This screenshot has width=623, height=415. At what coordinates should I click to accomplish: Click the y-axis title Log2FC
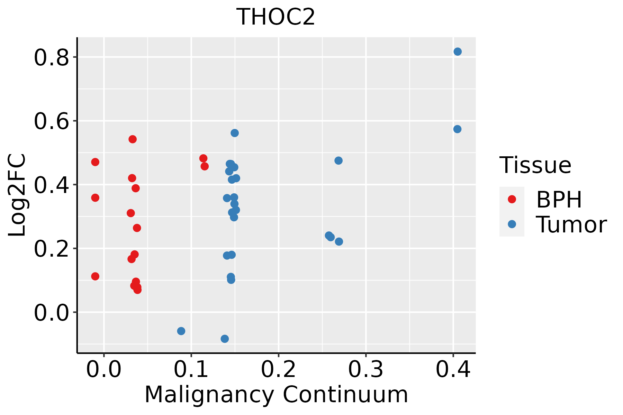pos(17,195)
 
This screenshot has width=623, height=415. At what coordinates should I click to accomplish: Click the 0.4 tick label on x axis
pos(453,369)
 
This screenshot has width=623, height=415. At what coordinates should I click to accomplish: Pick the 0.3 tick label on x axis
pos(365,369)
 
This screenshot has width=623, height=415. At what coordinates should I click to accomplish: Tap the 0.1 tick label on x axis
pos(191,369)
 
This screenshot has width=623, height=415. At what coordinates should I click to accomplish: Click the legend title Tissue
pos(535,165)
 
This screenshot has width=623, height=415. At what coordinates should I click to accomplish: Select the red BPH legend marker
pos(512,199)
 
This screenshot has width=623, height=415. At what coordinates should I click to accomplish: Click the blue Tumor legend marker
pos(512,224)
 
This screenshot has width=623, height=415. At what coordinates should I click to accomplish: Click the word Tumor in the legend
pos(571,225)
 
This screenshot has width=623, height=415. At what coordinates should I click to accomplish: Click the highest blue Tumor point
pos(458,52)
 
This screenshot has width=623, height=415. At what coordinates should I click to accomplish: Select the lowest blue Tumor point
pos(225,339)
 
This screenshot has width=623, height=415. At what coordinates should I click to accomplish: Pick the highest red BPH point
pos(133,139)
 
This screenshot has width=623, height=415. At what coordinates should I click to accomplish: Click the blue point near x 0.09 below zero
pos(181,331)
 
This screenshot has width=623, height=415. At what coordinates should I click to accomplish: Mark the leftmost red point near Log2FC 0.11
pos(95,276)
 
